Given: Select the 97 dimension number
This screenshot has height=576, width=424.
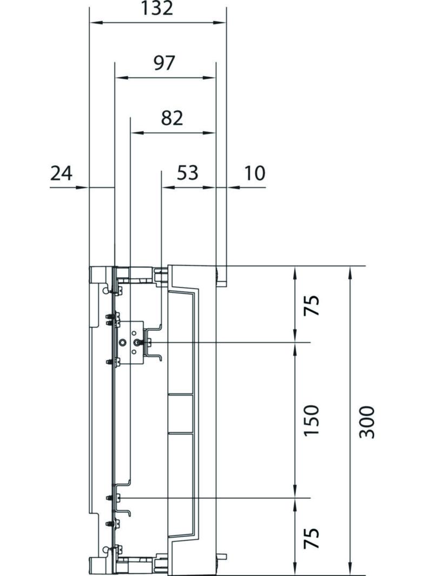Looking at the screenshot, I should click(x=164, y=63).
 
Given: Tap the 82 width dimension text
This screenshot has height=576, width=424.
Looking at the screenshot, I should click(x=171, y=118).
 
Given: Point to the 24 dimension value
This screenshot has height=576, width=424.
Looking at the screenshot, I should click(x=61, y=173).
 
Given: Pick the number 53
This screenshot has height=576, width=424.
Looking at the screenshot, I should click(x=188, y=173).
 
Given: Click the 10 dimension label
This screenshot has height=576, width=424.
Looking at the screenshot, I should click(x=254, y=173).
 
